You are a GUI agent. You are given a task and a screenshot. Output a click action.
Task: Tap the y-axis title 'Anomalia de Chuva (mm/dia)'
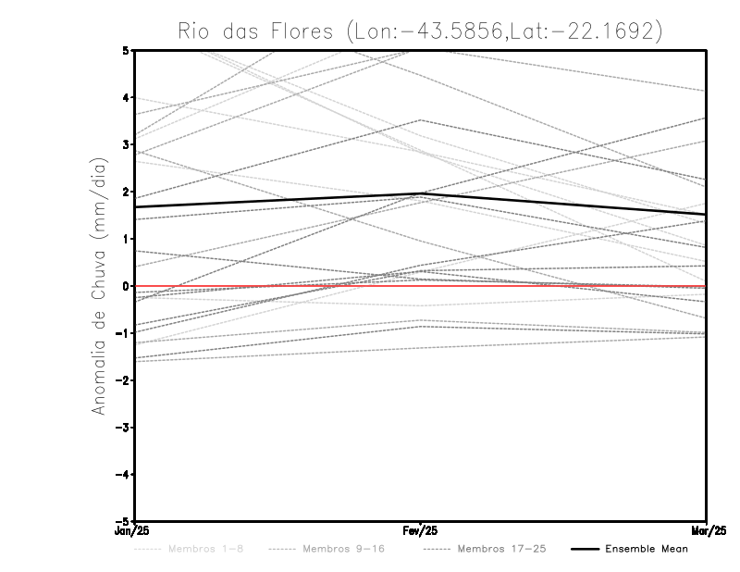point(98,285)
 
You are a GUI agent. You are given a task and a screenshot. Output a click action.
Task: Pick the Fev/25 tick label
point(420,530)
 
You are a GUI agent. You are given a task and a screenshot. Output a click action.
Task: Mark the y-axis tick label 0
point(125,286)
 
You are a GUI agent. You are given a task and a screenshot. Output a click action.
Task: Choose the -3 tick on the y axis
point(122,428)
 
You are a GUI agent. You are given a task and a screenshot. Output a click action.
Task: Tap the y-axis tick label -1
point(122,333)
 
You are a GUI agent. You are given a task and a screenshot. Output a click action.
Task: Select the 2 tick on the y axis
point(125,192)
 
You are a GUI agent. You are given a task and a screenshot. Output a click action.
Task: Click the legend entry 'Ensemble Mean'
point(647,549)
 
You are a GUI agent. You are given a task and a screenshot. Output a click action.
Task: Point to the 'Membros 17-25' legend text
point(502,549)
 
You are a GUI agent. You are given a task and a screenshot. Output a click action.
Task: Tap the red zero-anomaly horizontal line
point(277,286)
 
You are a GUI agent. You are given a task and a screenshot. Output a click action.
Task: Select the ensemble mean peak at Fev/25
point(420,193)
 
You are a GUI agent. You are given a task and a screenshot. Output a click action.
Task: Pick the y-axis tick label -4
point(122,475)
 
